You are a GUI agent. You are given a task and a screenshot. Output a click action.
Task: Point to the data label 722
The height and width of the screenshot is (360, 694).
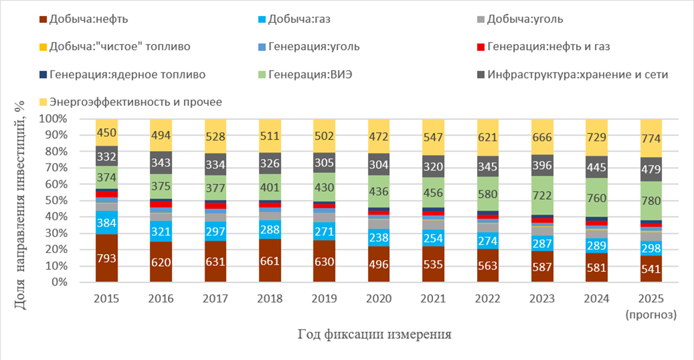(543, 194)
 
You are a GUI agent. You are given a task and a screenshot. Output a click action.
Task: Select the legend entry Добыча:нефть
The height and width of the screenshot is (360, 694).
(89, 19)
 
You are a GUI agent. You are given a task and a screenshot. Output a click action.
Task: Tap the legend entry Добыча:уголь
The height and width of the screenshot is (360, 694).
(524, 19)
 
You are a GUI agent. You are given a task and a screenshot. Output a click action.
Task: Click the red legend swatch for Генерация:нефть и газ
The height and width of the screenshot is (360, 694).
(480, 46)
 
